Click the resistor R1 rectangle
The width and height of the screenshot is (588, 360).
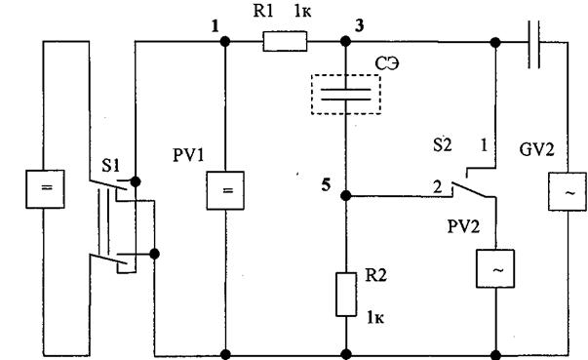click(x=285, y=41)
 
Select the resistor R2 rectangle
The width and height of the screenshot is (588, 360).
click(x=346, y=295)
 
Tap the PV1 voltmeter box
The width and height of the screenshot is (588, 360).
click(x=225, y=190)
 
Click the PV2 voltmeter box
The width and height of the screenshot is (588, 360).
click(x=495, y=268)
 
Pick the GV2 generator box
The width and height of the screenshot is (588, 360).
click(x=567, y=191)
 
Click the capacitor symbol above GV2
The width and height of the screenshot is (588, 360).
click(x=533, y=44)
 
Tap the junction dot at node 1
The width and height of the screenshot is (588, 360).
click(x=225, y=41)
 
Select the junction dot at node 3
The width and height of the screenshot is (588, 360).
click(x=346, y=41)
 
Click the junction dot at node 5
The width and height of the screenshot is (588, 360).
click(x=346, y=195)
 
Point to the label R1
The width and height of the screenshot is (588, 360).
click(x=263, y=12)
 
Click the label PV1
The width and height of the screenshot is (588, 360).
click(x=188, y=155)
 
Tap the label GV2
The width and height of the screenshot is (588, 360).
click(x=536, y=150)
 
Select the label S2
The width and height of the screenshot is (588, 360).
click(x=443, y=144)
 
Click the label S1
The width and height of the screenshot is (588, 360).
click(x=110, y=166)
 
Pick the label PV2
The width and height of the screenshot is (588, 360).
click(x=463, y=226)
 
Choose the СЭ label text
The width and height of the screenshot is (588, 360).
click(x=387, y=63)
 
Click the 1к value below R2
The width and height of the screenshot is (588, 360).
click(x=375, y=318)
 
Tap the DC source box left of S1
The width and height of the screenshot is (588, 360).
click(x=45, y=189)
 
